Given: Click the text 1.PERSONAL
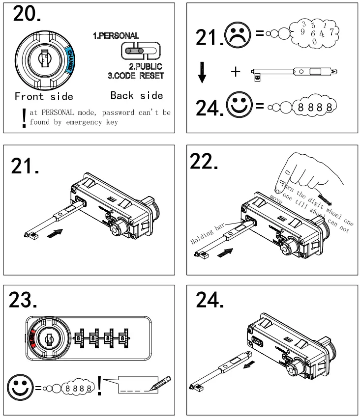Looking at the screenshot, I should (116, 36).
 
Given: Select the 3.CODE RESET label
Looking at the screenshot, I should (136, 76).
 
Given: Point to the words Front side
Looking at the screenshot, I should (44, 96).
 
